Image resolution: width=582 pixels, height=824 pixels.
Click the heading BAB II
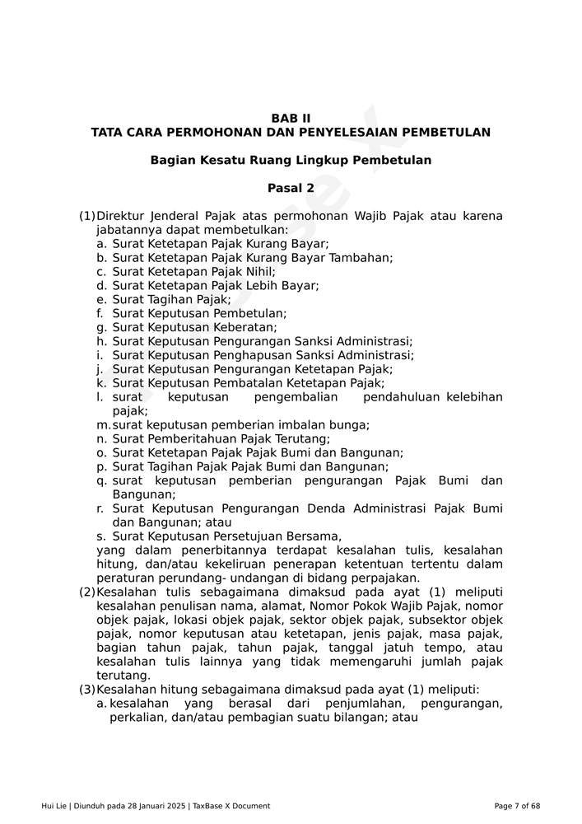pyautogui.click(x=291, y=119)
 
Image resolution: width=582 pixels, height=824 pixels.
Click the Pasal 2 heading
pyautogui.click(x=291, y=188)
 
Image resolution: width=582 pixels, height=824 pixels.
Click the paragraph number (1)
pyautogui.click(x=87, y=216)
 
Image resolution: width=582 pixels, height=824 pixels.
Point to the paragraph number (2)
pyautogui.click(x=87, y=592)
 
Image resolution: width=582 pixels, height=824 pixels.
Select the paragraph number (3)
pyautogui.click(x=87, y=689)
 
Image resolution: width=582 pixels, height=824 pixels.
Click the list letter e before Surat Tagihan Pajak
pyautogui.click(x=100, y=299)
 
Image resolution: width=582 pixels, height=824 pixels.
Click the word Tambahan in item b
pyautogui.click(x=359, y=257)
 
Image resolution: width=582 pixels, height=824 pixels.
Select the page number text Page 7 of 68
pyautogui.click(x=517, y=806)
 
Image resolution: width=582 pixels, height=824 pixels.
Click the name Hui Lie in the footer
pyautogui.click(x=54, y=806)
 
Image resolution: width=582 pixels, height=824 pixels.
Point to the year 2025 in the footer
pyautogui.click(x=174, y=806)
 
